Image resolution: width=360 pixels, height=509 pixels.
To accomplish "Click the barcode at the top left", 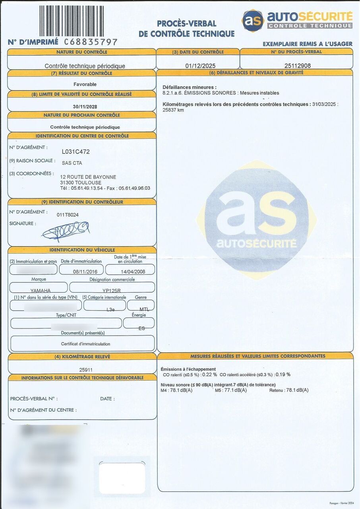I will coord(71,20).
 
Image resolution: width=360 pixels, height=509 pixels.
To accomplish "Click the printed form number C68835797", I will coord(91,42).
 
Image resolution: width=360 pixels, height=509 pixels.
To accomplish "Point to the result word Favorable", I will coord(85,84).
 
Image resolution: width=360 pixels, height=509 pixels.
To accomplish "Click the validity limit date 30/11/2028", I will coord(85,107).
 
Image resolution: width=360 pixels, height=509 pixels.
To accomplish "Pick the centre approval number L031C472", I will coord(75,152).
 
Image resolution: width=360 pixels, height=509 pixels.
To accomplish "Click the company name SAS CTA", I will coord(72,163).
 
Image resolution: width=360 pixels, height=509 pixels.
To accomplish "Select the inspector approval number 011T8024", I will coord(68,215).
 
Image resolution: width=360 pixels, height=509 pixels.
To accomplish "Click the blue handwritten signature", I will coord(66,230).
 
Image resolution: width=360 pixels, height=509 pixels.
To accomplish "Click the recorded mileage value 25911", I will coord(86,370).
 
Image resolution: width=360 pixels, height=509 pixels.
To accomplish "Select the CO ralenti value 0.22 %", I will coord(209,375).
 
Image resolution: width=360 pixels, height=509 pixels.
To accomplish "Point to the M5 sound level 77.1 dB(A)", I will coord(236,390).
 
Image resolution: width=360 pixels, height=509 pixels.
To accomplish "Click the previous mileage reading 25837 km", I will coord(173,110).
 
